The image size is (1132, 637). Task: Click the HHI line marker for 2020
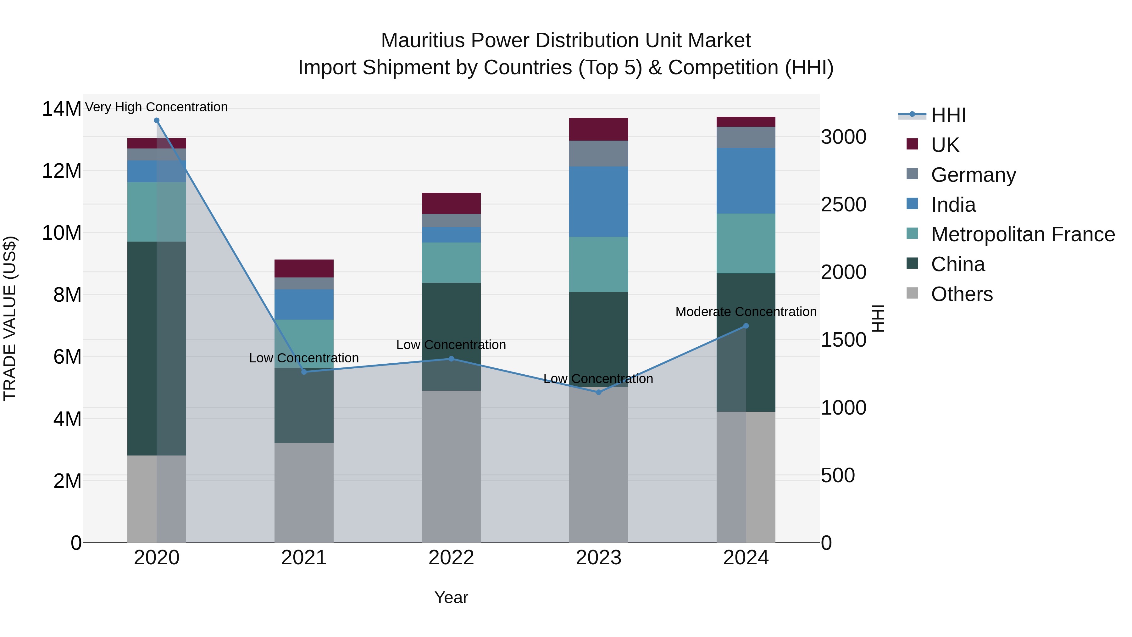click(x=157, y=120)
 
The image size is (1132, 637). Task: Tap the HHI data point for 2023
click(x=598, y=392)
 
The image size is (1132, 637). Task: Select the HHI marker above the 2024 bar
click(x=746, y=326)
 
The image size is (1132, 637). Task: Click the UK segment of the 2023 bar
click(x=598, y=129)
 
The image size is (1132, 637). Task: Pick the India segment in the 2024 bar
click(x=746, y=181)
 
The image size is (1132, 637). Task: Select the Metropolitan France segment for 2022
click(x=451, y=262)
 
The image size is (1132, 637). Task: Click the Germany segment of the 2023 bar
click(x=598, y=154)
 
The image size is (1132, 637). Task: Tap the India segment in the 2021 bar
click(x=304, y=304)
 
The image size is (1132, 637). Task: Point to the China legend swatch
click(x=912, y=264)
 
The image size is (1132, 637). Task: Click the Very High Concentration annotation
click(x=157, y=107)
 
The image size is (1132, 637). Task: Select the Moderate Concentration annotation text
click(x=746, y=312)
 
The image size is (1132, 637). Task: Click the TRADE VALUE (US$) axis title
click(x=10, y=318)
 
